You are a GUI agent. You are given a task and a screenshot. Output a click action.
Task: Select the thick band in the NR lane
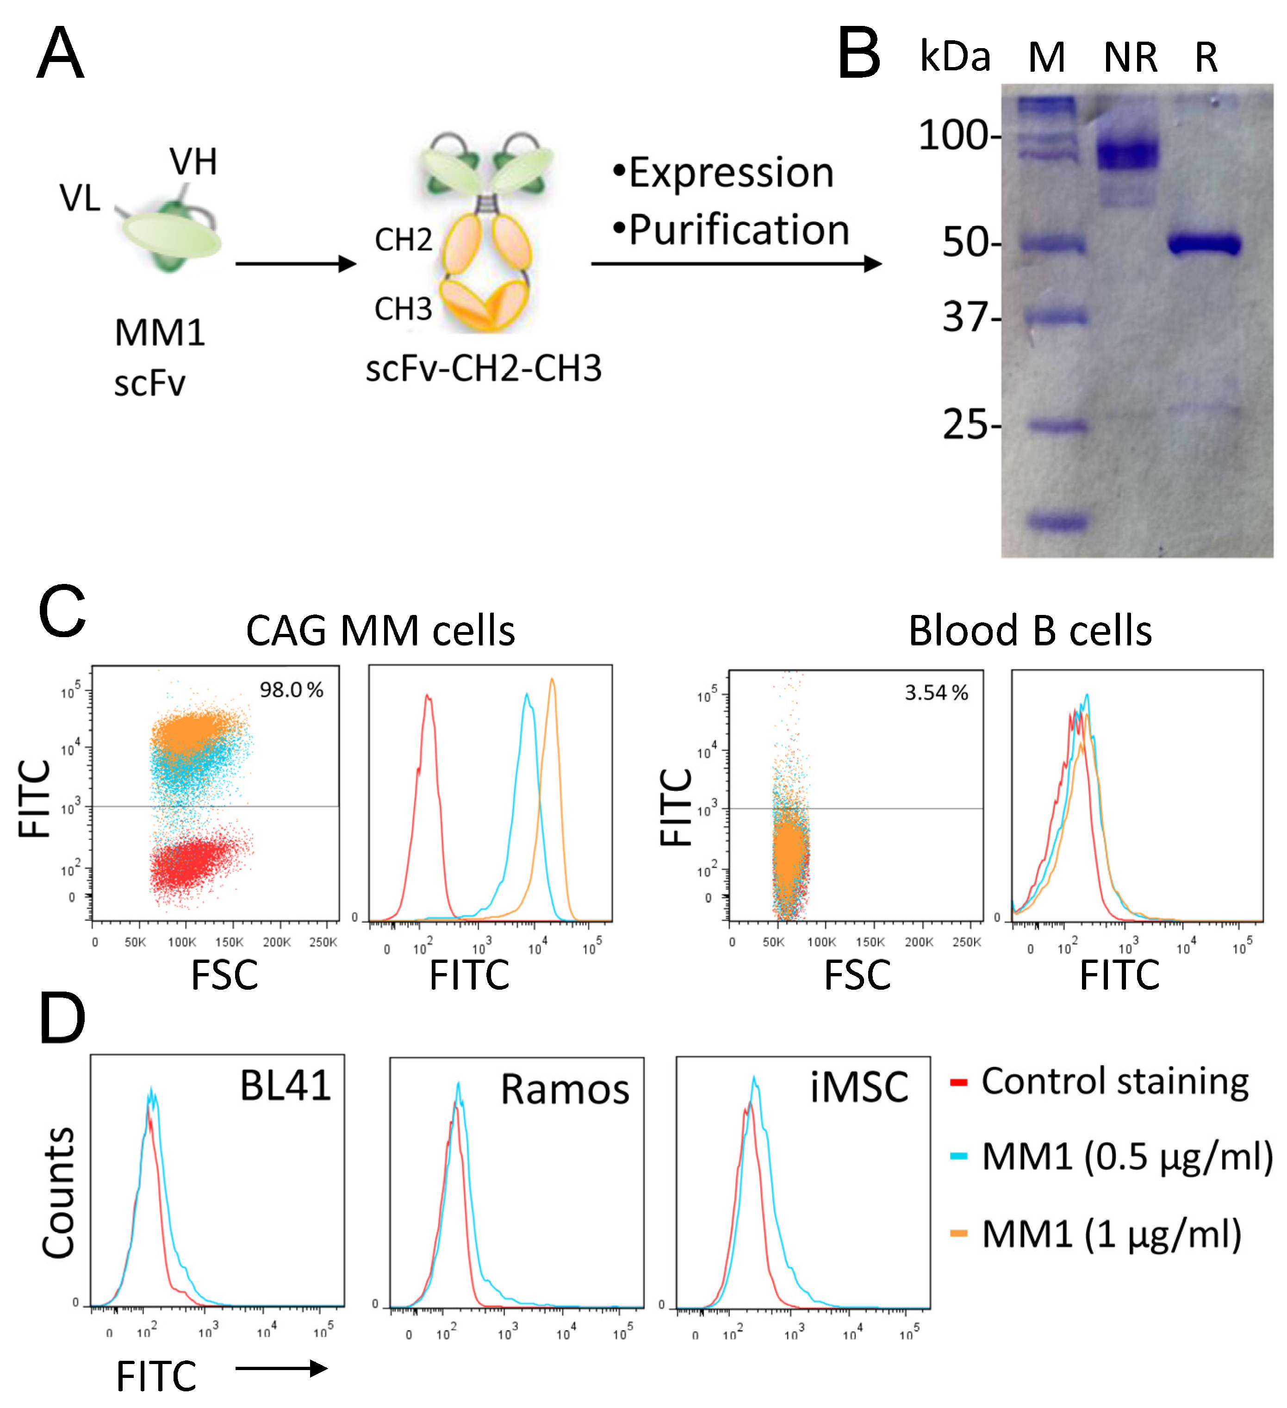click(1126, 152)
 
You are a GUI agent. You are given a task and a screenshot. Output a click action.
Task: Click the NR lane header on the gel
click(1130, 57)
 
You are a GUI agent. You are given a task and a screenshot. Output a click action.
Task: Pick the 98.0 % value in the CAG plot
click(292, 690)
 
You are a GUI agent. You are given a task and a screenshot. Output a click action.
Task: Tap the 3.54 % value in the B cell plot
click(936, 693)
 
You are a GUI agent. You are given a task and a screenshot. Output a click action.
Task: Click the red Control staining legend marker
click(958, 1083)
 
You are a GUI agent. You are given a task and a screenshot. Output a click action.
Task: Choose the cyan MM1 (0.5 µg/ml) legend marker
click(958, 1157)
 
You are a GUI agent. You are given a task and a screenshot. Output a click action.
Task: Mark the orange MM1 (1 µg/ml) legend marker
click(958, 1234)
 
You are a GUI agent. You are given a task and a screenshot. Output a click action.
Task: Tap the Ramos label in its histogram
click(565, 1090)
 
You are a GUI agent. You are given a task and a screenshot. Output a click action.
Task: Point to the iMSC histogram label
click(859, 1087)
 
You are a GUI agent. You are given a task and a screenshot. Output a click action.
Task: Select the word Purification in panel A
click(739, 230)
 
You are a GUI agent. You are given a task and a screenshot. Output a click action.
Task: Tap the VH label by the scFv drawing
click(193, 162)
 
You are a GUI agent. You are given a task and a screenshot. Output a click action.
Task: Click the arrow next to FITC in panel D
click(281, 1368)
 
